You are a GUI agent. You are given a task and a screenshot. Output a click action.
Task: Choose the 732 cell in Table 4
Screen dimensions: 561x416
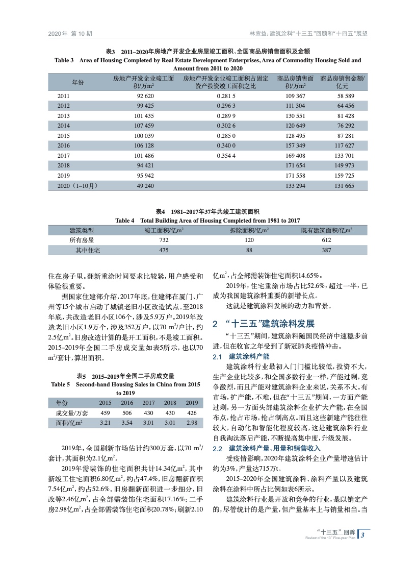[164, 240]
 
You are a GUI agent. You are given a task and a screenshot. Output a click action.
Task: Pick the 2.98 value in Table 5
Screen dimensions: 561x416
[192, 423]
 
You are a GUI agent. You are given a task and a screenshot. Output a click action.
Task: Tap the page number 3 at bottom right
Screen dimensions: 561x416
[362, 534]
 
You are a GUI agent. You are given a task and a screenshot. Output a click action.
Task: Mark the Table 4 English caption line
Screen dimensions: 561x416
[207, 220]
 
